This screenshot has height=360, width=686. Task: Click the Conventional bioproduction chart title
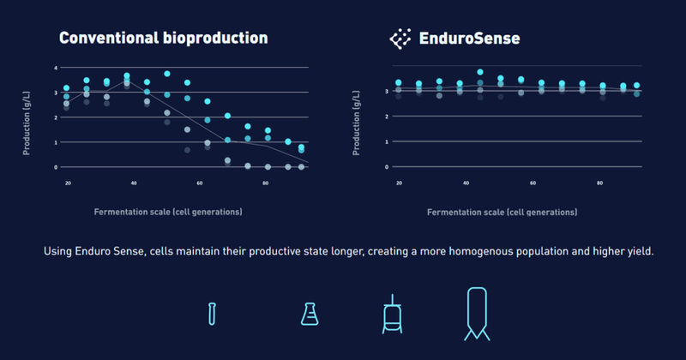pos(163,39)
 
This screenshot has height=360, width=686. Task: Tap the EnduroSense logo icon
pos(400,39)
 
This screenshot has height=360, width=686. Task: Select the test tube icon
pos(211,313)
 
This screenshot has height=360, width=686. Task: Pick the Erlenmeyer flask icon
pos(309,314)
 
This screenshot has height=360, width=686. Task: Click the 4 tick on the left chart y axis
pos(56,67)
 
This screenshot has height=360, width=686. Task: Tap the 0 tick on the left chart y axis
pos(56,166)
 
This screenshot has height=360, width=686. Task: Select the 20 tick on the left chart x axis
pos(68,183)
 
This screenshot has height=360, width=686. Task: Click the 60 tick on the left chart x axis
pos(200,183)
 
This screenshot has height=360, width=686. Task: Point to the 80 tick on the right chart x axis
pos(599,183)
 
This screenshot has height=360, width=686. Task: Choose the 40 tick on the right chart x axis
pos(466,183)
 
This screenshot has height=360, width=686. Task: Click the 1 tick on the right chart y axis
pos(388,141)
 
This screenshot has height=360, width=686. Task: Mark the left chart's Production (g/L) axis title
pos(27,117)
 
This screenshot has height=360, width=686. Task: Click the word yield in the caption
pos(639,252)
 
